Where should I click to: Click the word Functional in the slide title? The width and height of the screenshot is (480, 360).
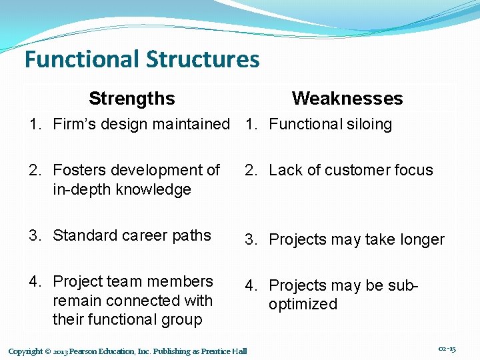click(x=81, y=59)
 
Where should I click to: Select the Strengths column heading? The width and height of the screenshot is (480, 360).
click(x=131, y=99)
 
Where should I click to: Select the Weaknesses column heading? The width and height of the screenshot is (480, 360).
click(x=347, y=99)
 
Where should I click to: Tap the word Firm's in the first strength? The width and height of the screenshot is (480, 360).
click(x=73, y=124)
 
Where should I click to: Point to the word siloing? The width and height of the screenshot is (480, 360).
click(x=366, y=124)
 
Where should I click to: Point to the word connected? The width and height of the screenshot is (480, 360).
click(x=134, y=301)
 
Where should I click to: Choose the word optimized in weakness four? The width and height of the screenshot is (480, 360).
click(x=303, y=305)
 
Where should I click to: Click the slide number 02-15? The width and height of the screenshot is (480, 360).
click(x=447, y=349)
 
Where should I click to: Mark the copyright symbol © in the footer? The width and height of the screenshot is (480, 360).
click(x=48, y=351)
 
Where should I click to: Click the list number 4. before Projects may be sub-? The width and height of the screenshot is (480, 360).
click(x=250, y=286)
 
